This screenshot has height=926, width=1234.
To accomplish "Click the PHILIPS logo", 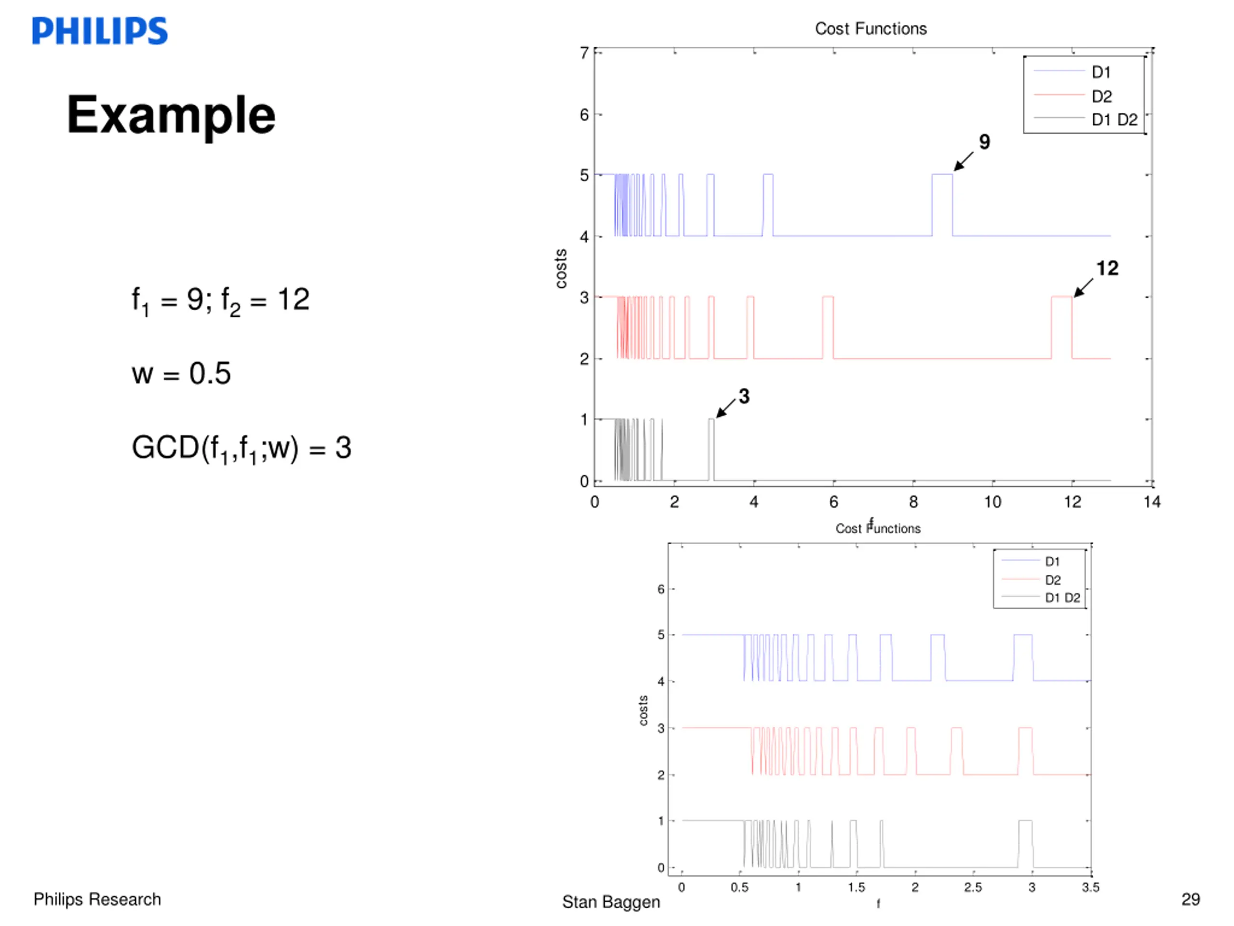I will tap(100, 31).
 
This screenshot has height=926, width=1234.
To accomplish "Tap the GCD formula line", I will tap(241, 448).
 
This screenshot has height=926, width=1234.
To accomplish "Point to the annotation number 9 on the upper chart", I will tap(985, 142).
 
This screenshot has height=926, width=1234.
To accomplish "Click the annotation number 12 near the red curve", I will tap(1107, 269).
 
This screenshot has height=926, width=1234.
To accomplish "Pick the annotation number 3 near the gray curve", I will tap(744, 396).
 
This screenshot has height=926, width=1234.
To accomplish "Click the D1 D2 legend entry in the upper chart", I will tap(1114, 120).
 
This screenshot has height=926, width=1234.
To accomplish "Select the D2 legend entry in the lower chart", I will tap(1053, 580).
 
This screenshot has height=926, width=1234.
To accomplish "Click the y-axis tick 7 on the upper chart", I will tap(584, 53).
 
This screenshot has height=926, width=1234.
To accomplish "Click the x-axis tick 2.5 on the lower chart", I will tap(973, 887).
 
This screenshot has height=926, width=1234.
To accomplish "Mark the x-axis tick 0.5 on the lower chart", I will tap(740, 887).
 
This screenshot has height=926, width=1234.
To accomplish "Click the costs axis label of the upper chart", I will tap(561, 269).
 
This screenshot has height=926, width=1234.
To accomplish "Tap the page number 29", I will tap(1191, 899).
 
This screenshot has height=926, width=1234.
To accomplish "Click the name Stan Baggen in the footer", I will tap(611, 902).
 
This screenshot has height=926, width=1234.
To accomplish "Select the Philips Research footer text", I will tap(97, 899).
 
